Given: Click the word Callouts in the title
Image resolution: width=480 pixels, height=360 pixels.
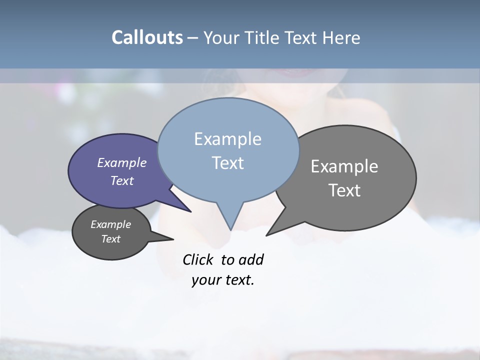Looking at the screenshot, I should (x=147, y=37).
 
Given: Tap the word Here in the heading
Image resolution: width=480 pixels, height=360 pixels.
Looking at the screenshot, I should (x=341, y=37).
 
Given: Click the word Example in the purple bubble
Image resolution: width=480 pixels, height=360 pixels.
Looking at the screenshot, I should (x=122, y=162).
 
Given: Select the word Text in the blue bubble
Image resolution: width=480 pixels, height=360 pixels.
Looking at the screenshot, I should (x=228, y=163).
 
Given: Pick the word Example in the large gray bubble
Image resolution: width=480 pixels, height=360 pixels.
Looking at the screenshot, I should (x=344, y=166).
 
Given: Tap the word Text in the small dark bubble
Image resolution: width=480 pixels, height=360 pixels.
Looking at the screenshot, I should (x=111, y=239).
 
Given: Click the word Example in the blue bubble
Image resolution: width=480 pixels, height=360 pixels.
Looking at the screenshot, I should (x=228, y=139).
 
